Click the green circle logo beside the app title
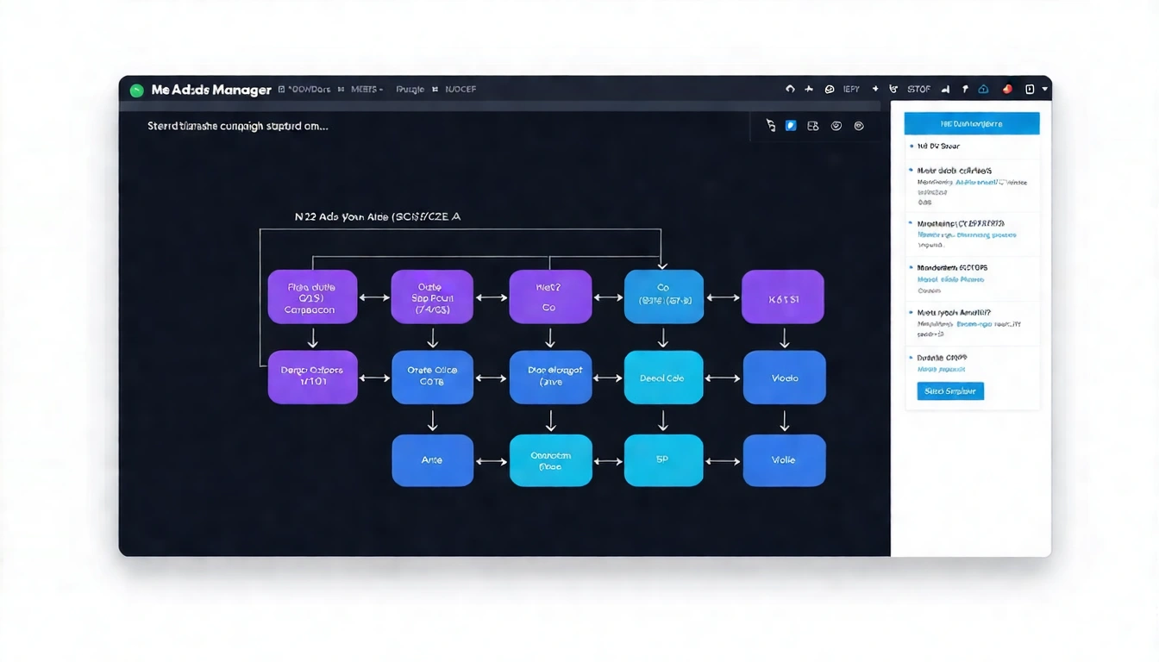pos(135,90)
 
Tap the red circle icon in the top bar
pos(1006,89)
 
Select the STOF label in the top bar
pos(918,89)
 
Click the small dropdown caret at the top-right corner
pos(1045,89)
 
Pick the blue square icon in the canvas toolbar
pos(791,126)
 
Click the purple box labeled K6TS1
pos(783,297)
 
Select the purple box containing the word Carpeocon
pos(312,297)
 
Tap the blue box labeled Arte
pos(432,460)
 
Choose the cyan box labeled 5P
pos(662,460)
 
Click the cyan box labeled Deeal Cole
pos(662,378)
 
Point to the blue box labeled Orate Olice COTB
pos(432,378)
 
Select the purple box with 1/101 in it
pos(312,378)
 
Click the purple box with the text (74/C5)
pos(432,297)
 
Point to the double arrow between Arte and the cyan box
pos(492,461)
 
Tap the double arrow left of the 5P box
pos(608,461)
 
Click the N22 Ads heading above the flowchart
pos(378,217)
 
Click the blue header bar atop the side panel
pos(971,123)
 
